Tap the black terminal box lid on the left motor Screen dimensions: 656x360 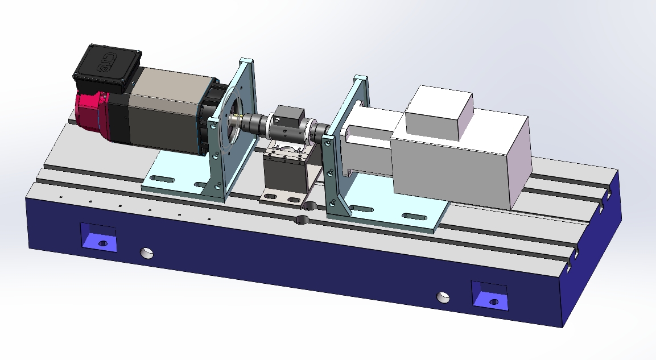pos(107,67)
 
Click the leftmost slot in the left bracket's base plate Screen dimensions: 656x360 pos(163,179)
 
